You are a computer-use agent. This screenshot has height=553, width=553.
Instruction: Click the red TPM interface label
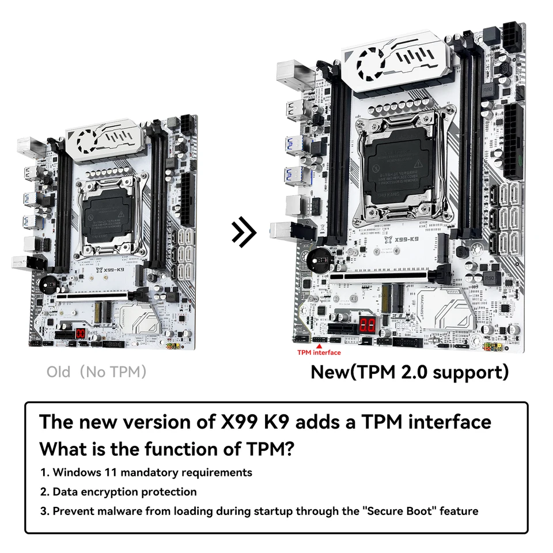[319, 353]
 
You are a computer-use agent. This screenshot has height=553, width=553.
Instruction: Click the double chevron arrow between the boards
[244, 232]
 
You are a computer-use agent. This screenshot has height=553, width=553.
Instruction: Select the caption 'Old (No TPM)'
[96, 372]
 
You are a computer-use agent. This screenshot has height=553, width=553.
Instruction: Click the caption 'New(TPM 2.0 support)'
[410, 372]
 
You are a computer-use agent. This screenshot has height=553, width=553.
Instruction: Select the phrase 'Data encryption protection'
[124, 492]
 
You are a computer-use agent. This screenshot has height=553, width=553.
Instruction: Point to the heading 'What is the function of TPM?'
[170, 448]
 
